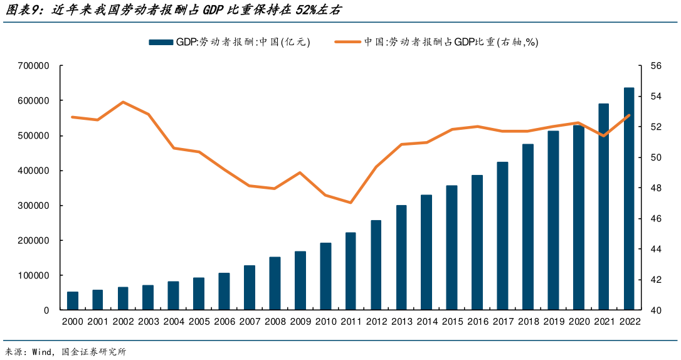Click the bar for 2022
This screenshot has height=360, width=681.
point(628,199)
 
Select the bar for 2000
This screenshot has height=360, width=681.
point(73,301)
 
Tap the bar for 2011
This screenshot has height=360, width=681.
point(351,272)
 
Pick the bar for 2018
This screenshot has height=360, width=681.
point(528,227)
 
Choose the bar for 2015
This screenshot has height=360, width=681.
point(451,248)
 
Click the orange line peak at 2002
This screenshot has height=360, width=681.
point(123,102)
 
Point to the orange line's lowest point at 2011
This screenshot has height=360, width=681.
point(351,203)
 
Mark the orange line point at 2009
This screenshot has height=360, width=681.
point(300,172)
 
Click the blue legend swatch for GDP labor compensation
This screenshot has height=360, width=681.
point(161,42)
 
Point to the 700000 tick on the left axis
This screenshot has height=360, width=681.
point(34,65)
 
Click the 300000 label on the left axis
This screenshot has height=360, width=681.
point(34,206)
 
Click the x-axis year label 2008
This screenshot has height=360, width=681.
point(275,322)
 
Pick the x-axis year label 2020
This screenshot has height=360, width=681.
point(578,322)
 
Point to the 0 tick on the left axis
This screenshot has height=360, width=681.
point(46,310)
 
